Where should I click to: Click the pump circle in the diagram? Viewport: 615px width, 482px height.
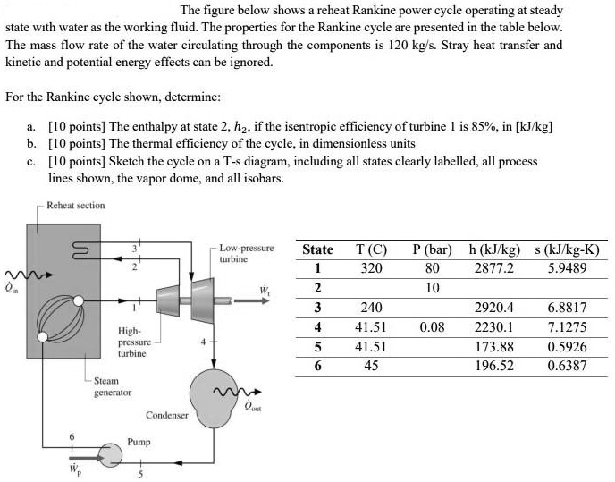(113, 454)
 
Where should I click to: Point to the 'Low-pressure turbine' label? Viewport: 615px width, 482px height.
(246, 252)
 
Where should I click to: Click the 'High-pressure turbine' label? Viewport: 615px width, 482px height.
(134, 342)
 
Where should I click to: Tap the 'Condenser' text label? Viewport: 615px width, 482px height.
(167, 416)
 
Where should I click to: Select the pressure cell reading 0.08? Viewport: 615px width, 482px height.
(432, 327)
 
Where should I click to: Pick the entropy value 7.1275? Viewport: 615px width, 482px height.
(566, 327)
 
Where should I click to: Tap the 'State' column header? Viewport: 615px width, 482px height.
(317, 249)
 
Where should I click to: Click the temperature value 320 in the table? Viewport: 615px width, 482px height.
(369, 268)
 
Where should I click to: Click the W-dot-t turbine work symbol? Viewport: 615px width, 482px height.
(264, 290)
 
